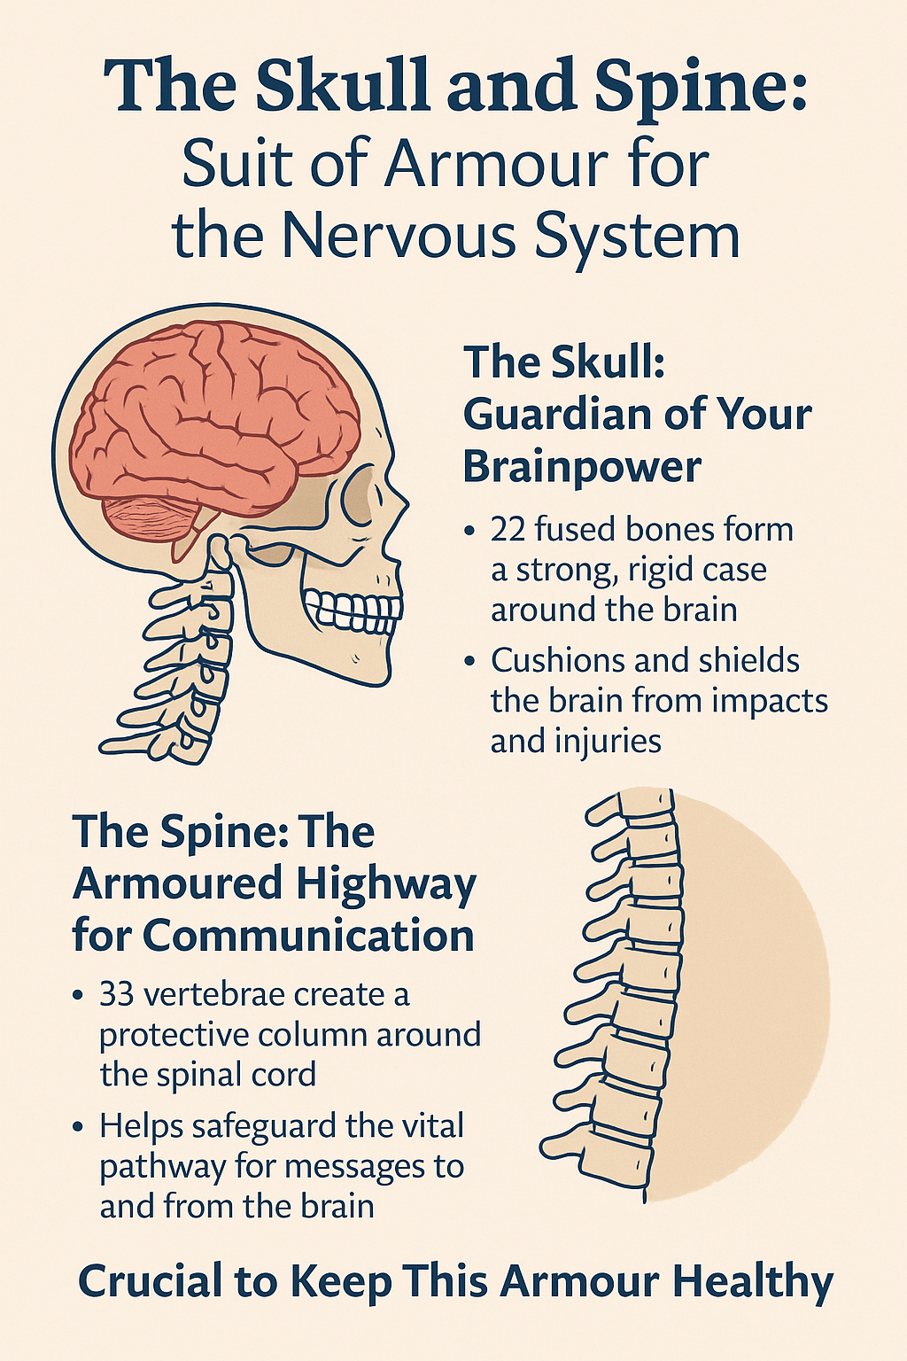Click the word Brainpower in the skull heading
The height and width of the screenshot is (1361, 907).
pyautogui.click(x=582, y=467)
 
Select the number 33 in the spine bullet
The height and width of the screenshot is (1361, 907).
pyautogui.click(x=116, y=994)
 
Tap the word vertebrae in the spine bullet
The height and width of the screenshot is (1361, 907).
pyautogui.click(x=213, y=994)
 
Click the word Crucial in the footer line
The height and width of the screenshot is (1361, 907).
pyautogui.click(x=150, y=1281)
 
